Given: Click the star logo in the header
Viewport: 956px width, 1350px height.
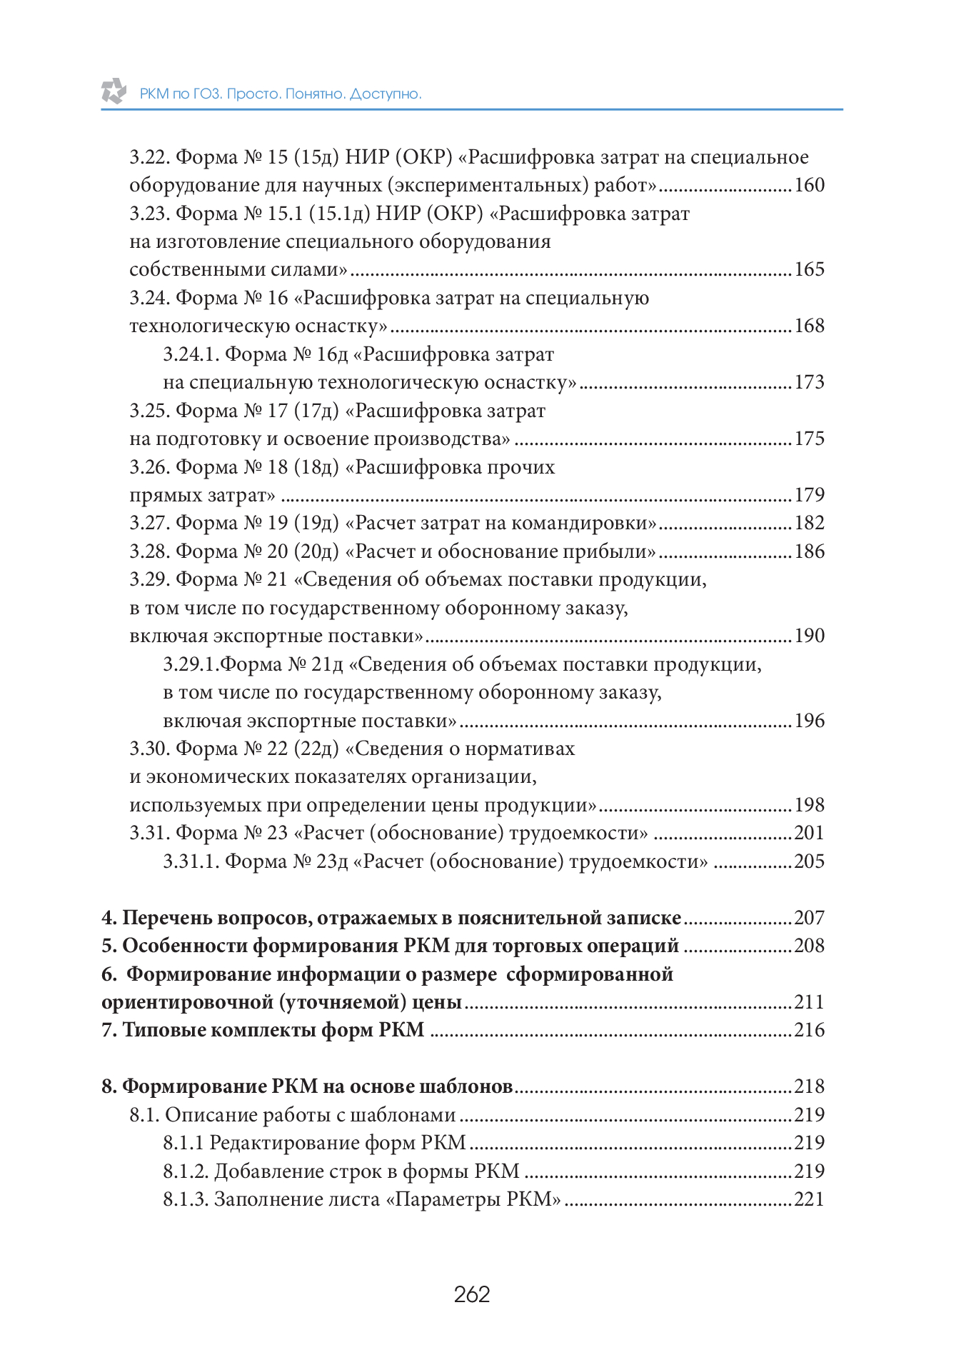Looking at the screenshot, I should click(114, 91).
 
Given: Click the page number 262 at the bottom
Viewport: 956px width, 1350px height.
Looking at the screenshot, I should click(472, 1294).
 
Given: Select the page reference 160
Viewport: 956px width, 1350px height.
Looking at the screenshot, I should click(809, 185).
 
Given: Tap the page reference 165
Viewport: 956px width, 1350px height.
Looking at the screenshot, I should click(809, 269).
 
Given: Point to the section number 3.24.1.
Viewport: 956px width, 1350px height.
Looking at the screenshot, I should click(191, 354).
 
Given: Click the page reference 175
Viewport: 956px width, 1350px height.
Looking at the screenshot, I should click(809, 439).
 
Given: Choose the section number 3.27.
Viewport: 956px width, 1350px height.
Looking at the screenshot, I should click(149, 523).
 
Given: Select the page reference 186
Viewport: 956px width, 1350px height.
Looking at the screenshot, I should click(809, 551).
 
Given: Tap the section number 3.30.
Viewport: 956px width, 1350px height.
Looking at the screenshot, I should click(149, 749).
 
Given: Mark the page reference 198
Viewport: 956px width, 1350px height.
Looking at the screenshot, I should click(809, 805).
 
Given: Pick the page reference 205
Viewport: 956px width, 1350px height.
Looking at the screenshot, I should click(809, 861).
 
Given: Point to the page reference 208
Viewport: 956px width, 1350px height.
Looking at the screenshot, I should click(809, 946).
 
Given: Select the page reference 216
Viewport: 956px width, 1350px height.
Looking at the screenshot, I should click(809, 1030).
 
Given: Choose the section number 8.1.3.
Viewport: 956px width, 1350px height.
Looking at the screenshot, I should click(185, 1199).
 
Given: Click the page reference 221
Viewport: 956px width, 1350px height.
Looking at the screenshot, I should click(809, 1199).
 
